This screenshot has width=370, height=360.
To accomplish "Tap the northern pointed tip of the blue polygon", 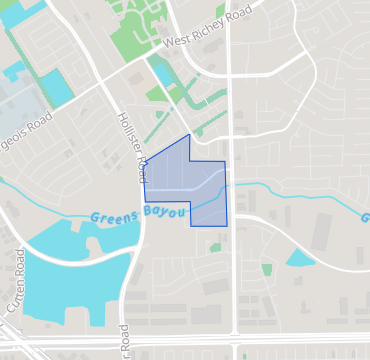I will point(189,135).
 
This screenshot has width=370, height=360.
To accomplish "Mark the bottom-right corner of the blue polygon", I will point(227,225).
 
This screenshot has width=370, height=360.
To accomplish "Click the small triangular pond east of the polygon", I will point(301,259).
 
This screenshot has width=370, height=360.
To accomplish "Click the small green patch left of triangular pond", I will point(267,269).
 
